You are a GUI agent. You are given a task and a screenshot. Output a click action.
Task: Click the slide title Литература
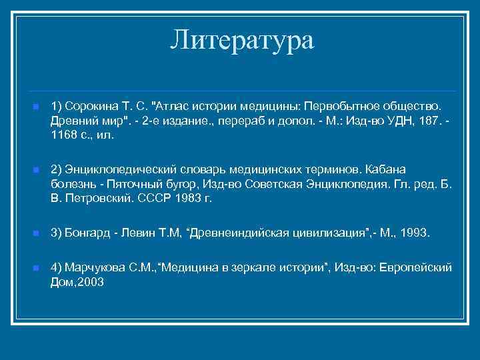241,41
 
